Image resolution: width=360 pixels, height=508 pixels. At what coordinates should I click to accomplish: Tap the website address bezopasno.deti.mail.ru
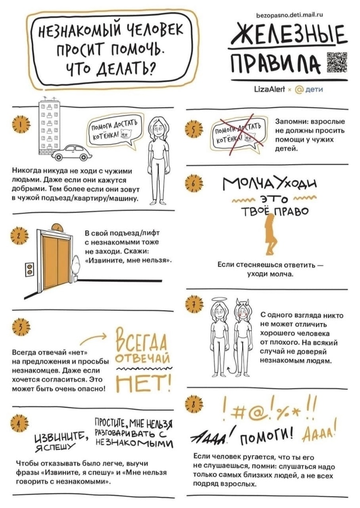pos(290,15)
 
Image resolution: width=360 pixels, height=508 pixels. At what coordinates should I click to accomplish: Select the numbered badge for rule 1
pos(21,125)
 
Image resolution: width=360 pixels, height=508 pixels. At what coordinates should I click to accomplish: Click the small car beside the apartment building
pos(71,152)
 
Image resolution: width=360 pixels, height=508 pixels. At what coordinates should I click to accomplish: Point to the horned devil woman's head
pos(242,310)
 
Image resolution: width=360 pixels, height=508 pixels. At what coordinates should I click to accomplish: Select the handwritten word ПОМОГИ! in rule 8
pos(267,439)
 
